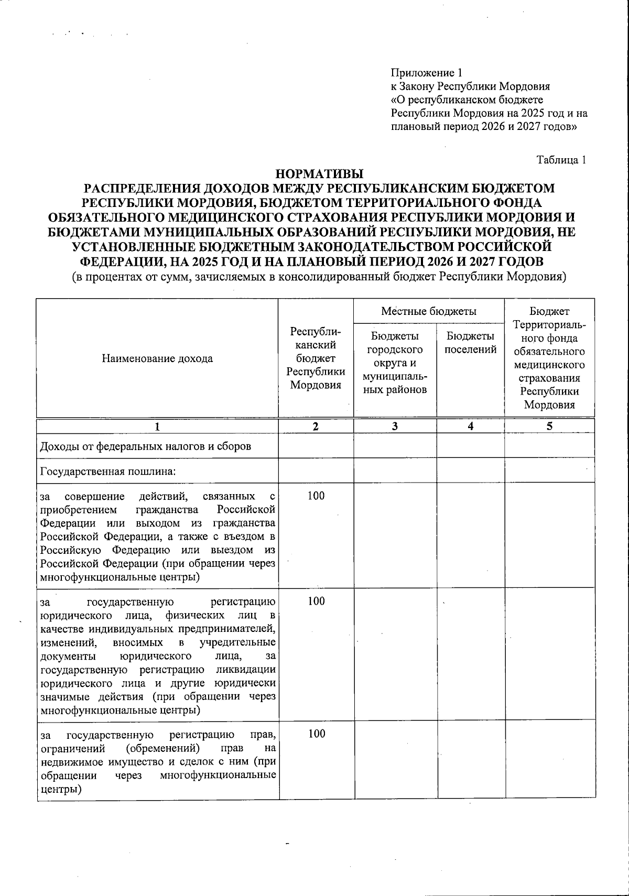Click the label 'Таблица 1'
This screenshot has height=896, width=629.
click(x=560, y=160)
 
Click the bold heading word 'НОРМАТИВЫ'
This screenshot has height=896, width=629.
click(x=319, y=173)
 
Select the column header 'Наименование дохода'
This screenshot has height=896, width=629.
click(x=157, y=358)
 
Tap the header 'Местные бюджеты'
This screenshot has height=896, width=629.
click(x=428, y=311)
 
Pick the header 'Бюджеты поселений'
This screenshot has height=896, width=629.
click(x=470, y=343)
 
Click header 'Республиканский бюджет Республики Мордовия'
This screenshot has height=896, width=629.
click(x=316, y=358)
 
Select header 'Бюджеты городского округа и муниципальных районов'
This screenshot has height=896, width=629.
click(x=395, y=363)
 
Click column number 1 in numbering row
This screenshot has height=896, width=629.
click(x=157, y=427)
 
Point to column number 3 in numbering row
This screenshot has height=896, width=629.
click(x=395, y=427)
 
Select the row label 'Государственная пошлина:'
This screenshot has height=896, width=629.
click(x=107, y=471)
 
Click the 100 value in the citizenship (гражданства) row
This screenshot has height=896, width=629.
click(x=316, y=496)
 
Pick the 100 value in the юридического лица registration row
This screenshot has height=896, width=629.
click(x=316, y=601)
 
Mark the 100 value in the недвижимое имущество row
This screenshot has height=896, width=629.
click(x=316, y=734)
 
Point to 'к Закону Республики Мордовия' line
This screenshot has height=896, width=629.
click(x=470, y=86)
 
